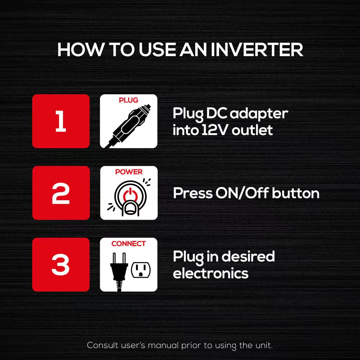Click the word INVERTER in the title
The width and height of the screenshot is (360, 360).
coord(257,49)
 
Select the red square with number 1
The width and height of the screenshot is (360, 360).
coord(61,121)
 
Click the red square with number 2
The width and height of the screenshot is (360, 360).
coord(61,193)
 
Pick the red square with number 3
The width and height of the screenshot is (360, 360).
coord(61,265)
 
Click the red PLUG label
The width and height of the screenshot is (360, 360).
coord(129,100)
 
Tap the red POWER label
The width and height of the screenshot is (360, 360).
coord(129,172)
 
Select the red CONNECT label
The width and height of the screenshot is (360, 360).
coord(129,243)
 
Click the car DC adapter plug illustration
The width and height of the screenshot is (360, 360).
coord(129,126)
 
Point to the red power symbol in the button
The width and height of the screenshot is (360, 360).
coord(130,194)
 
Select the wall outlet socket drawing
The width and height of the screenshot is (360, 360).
coord(141,270)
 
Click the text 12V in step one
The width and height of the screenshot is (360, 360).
coord(215,130)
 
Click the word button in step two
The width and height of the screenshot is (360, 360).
coord(296,193)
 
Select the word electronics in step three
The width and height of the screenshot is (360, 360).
coord(211,273)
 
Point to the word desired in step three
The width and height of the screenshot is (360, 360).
coord(252,256)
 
